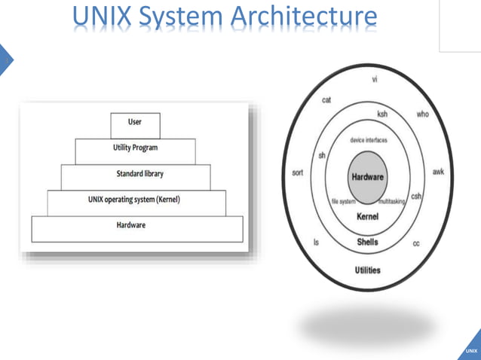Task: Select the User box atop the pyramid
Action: click(134, 123)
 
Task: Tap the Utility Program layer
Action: click(136, 149)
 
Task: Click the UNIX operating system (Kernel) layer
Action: click(134, 200)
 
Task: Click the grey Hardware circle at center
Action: click(367, 178)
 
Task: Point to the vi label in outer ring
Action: click(375, 80)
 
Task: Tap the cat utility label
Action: click(327, 99)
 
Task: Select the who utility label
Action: click(422, 115)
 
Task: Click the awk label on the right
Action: click(438, 172)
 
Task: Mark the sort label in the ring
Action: click(298, 172)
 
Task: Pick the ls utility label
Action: click(316, 243)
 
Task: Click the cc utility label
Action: click(416, 243)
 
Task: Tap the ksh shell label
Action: click(382, 114)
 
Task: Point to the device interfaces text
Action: click(367, 140)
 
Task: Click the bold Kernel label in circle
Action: click(367, 217)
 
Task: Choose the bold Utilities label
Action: click(367, 270)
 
